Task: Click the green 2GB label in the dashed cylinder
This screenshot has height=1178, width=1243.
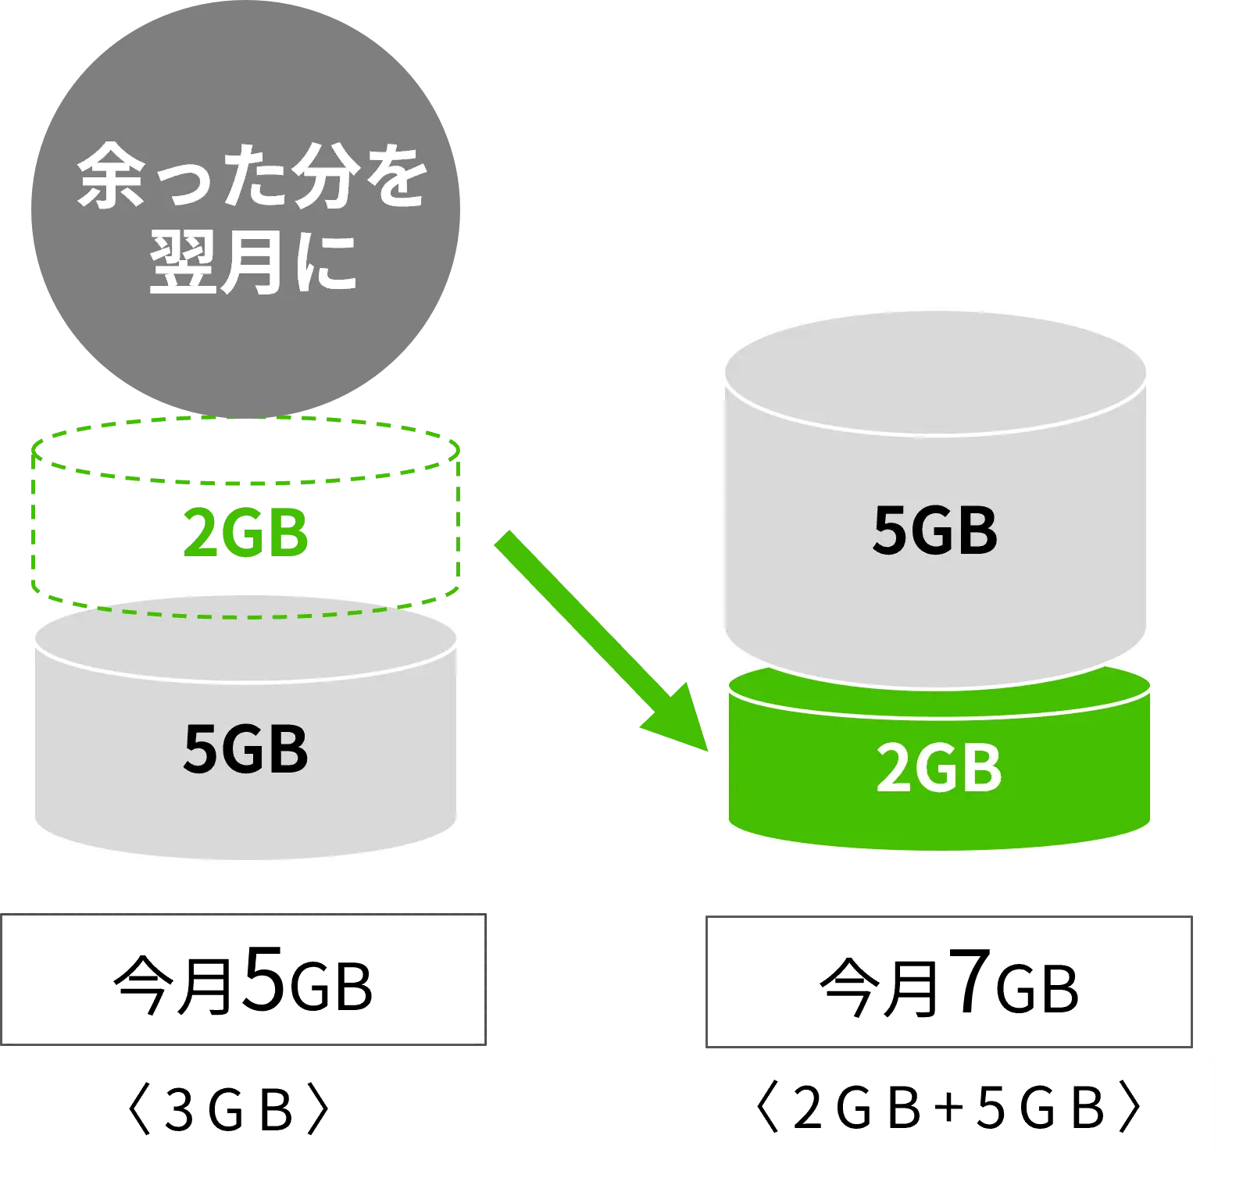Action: [245, 533]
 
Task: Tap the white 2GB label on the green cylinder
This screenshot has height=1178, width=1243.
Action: [938, 769]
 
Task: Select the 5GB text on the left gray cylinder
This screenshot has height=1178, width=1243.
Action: [245, 748]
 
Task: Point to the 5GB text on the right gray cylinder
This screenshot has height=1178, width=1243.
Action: [934, 530]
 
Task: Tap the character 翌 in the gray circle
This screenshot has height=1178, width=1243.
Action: [181, 262]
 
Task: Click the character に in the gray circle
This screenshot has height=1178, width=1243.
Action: [323, 262]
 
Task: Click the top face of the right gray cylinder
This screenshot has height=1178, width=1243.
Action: [935, 372]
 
